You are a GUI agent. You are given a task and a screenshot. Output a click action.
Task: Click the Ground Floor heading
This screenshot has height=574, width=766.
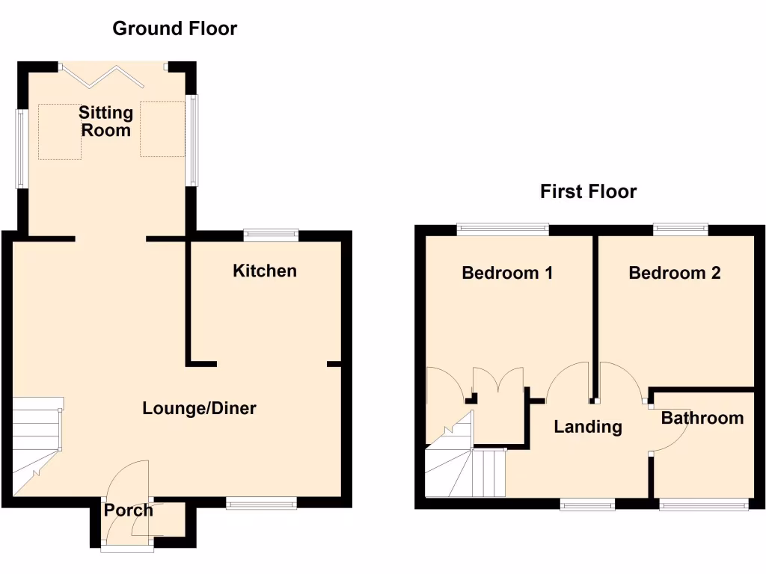click(174, 29)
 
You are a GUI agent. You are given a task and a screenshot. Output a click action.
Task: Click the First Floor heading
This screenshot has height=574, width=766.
click(588, 191)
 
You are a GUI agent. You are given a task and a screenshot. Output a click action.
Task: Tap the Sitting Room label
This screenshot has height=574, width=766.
click(105, 121)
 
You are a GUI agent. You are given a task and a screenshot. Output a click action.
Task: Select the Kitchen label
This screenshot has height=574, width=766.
click(265, 271)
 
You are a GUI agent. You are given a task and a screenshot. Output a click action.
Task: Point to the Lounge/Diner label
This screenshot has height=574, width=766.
click(199, 408)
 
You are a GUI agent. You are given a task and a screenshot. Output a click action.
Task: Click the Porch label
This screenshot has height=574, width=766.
click(128, 510)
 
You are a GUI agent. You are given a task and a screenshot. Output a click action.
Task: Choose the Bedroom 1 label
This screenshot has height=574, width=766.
click(507, 273)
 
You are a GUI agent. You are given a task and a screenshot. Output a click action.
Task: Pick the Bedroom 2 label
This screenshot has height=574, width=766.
click(674, 273)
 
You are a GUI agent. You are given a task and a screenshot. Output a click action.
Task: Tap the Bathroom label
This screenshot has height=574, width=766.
click(702, 418)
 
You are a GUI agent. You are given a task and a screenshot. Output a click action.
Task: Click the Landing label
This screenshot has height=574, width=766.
click(587, 427)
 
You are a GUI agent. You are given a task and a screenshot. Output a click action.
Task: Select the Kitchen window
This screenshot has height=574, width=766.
click(270, 235)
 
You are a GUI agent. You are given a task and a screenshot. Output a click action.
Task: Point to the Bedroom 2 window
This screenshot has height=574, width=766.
click(680, 229)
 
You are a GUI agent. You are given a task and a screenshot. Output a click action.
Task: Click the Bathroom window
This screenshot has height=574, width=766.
click(703, 505)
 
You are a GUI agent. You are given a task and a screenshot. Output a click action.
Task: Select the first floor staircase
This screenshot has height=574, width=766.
click(464, 467)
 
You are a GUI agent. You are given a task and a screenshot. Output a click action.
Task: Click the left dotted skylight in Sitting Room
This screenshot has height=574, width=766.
click(60, 132)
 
